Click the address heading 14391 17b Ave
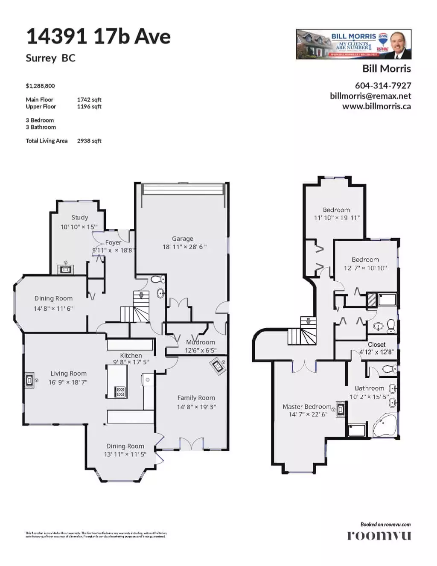click(x=98, y=36)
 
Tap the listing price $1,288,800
click(x=40, y=86)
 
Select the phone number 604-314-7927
click(x=383, y=85)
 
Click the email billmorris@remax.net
click(x=370, y=96)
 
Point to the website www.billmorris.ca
click(x=376, y=106)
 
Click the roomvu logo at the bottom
click(x=379, y=535)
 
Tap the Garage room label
click(x=183, y=239)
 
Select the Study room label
click(x=80, y=217)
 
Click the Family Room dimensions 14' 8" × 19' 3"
click(x=196, y=407)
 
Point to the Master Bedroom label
click(x=307, y=406)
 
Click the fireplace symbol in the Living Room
click(x=29, y=379)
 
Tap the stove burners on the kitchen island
click(x=120, y=391)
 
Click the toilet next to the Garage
click(x=157, y=280)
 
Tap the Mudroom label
click(x=201, y=342)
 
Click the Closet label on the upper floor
click(x=376, y=344)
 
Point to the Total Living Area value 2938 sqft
click(x=89, y=141)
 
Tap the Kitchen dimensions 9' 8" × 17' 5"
click(x=131, y=362)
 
